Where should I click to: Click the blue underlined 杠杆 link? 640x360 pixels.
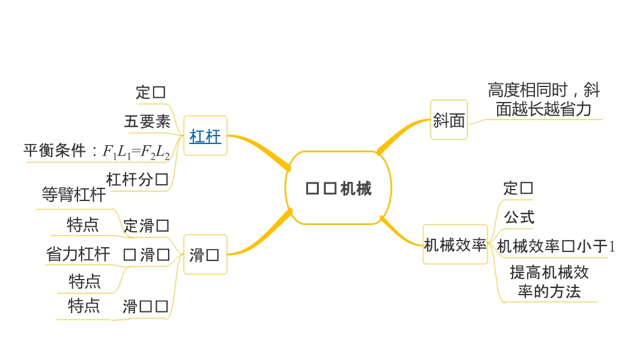[x=205, y=137]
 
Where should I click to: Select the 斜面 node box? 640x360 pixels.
[x=449, y=121]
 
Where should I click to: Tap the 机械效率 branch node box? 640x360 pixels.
[x=455, y=245]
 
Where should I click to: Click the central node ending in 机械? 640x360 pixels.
[x=339, y=188]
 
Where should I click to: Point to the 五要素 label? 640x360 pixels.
[x=148, y=122]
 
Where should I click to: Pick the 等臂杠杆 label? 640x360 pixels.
[x=74, y=194]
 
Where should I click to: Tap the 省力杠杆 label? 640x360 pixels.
[x=78, y=254]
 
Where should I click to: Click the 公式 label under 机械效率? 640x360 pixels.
[x=519, y=217]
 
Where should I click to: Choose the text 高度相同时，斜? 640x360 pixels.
[x=543, y=91]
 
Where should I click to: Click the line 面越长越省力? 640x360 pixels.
[x=543, y=109]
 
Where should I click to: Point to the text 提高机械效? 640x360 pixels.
[x=549, y=272]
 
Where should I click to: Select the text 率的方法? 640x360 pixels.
[x=549, y=292]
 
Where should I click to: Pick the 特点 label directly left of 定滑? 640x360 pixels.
[x=83, y=225]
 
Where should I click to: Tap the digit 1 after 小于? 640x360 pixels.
[x=612, y=246]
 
